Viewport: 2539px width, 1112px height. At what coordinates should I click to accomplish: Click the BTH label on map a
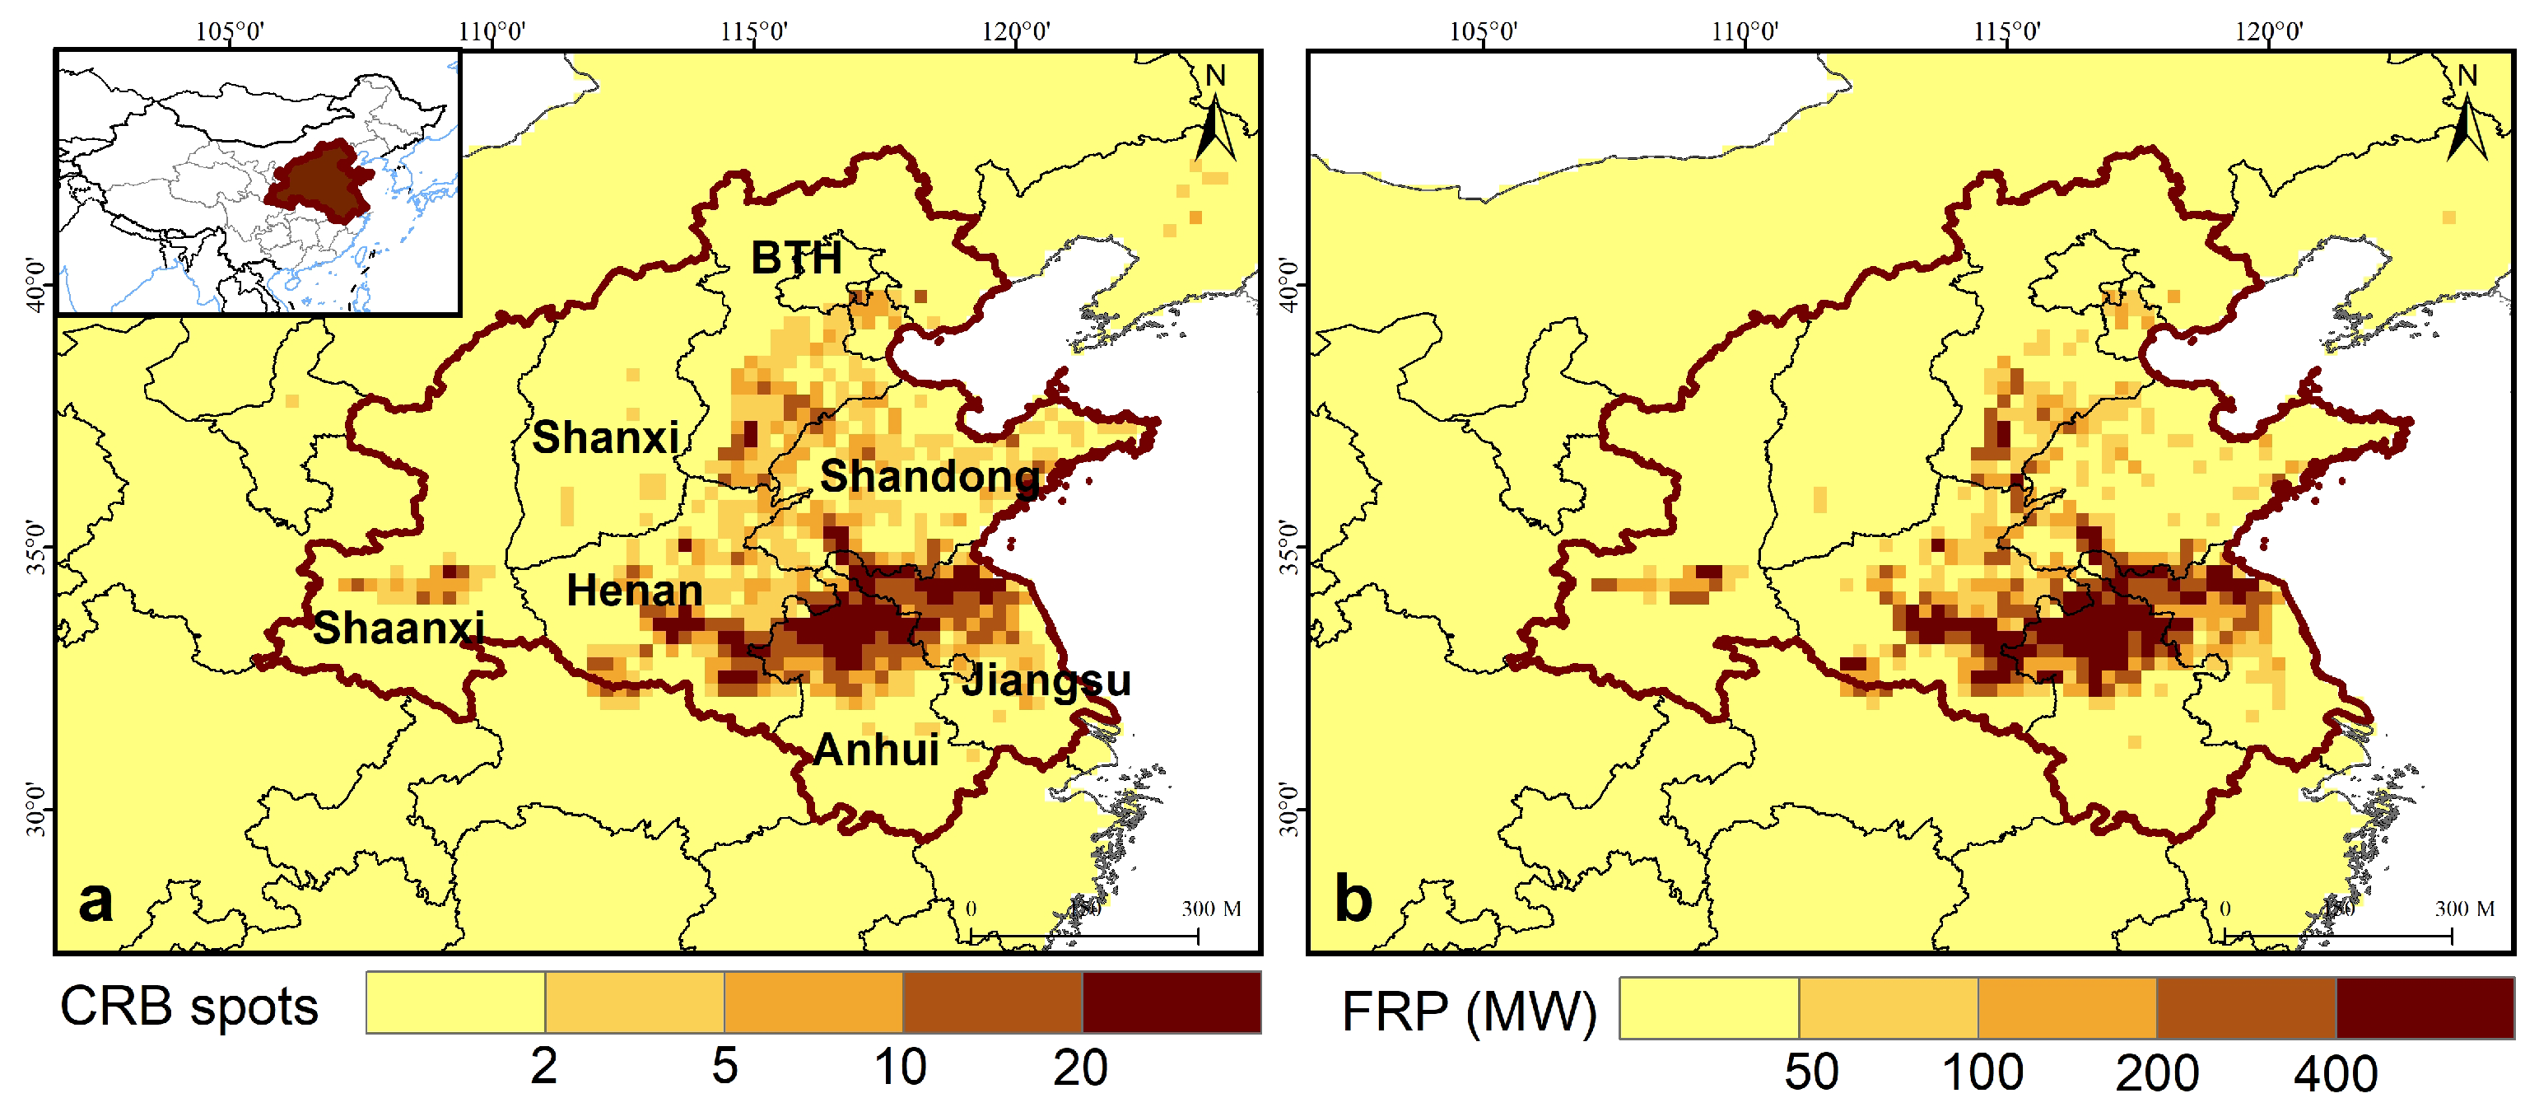click(x=796, y=259)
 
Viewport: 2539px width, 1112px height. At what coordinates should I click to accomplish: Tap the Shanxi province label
click(x=605, y=437)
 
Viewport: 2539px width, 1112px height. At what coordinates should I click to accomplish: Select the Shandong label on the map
click(x=929, y=476)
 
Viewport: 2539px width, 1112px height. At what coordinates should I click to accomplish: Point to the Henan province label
click(x=634, y=591)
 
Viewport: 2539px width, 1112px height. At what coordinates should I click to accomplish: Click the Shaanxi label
click(x=398, y=628)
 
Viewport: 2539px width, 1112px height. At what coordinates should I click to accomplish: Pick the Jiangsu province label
click(x=1046, y=680)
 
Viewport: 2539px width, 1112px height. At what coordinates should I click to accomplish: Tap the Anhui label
click(x=876, y=750)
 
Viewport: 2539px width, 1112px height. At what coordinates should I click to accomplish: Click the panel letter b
click(x=1353, y=899)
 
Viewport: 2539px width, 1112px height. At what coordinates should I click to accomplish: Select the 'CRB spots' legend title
click(x=189, y=1007)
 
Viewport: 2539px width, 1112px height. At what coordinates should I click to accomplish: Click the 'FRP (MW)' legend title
click(x=1469, y=1012)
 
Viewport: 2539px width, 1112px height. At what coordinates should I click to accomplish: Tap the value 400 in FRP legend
click(x=2335, y=1072)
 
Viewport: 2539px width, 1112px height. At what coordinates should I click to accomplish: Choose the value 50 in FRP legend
click(x=1810, y=1072)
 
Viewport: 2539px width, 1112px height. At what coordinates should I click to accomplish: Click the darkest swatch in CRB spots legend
click(x=1171, y=1002)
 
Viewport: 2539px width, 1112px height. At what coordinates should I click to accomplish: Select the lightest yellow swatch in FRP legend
click(x=1709, y=1008)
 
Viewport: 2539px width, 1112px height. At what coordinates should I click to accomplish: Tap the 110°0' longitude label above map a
click(x=491, y=31)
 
